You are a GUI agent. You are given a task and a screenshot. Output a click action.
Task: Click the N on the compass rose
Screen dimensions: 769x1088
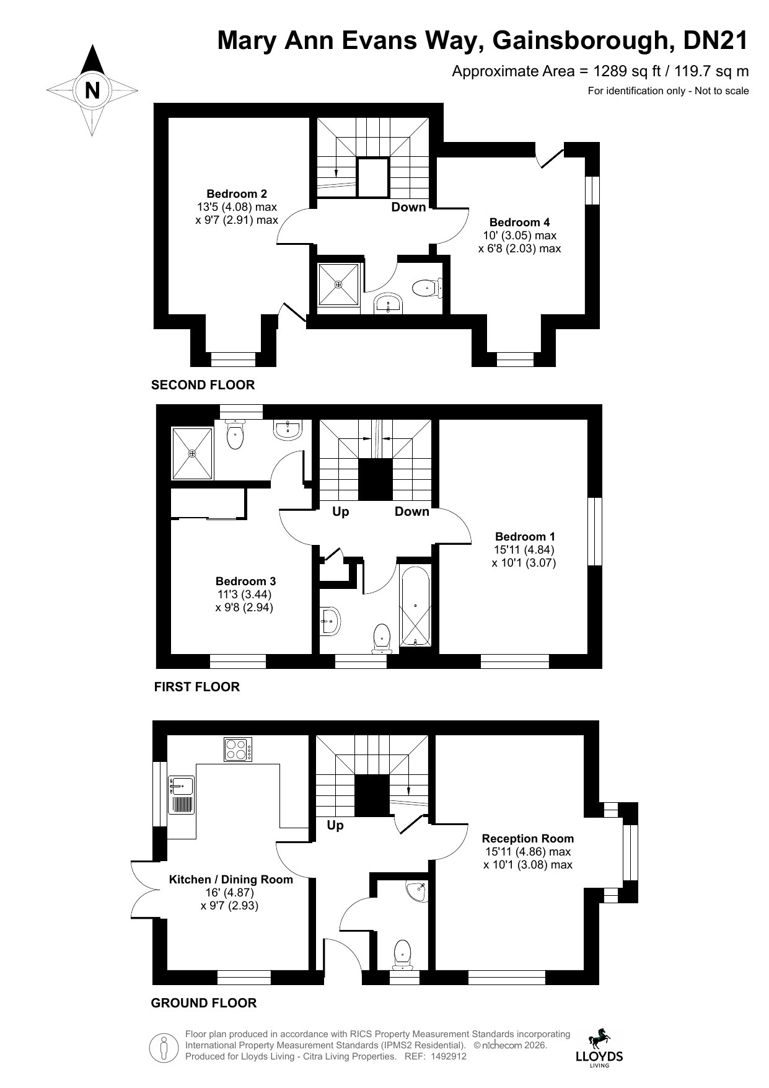[x=92, y=91]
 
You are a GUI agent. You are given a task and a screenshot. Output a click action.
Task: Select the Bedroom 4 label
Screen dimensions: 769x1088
[x=519, y=222]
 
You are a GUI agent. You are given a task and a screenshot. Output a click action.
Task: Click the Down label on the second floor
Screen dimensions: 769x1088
[x=408, y=207]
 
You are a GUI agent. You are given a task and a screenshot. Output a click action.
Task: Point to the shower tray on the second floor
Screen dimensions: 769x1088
[x=338, y=285]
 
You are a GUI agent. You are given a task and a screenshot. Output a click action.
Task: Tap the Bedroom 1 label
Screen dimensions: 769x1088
[x=525, y=536]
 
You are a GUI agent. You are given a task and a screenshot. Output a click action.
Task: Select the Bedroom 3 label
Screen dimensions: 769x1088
[x=245, y=581]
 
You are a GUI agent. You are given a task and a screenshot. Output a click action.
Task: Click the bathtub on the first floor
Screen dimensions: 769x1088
[x=415, y=606]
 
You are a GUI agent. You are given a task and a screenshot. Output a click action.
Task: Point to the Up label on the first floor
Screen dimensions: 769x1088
[x=341, y=511]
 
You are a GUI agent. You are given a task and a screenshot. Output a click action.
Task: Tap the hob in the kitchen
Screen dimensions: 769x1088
[x=238, y=749]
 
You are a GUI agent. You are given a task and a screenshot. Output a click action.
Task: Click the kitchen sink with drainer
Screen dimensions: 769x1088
[x=182, y=795]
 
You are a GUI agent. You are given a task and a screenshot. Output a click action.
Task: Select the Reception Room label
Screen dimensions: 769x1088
[x=528, y=838]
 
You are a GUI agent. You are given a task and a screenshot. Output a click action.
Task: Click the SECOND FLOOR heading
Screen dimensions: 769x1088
[x=203, y=385]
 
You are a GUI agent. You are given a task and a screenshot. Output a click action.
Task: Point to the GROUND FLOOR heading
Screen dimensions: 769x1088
[x=204, y=1002]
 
